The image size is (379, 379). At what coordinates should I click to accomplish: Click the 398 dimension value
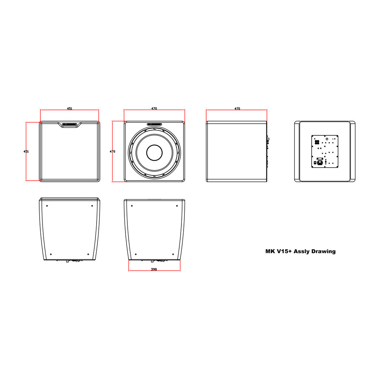pos(154,269)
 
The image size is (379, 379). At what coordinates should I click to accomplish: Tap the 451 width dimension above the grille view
pos(70,108)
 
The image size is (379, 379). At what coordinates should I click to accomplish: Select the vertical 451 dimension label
pos(26,151)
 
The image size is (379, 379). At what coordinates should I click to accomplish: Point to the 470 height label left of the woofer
pos(113,151)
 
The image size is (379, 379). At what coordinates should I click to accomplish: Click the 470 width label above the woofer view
pos(154,108)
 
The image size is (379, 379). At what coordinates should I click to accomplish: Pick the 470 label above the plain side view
pos(237,108)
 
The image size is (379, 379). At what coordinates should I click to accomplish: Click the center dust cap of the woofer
pos(154,153)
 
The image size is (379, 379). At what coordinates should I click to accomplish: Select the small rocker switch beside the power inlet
pos(315,163)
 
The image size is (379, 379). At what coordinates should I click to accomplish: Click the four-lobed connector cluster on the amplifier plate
pos(317,142)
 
